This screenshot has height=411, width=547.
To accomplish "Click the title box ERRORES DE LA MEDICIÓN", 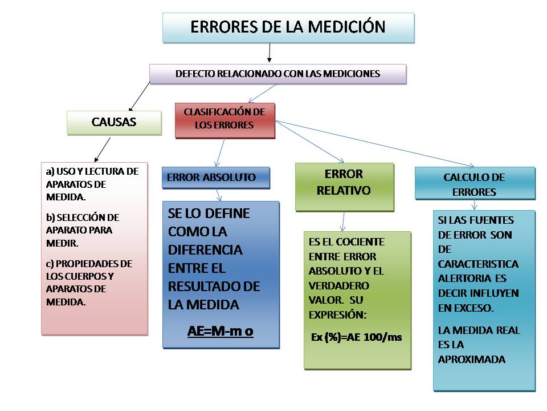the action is (x=288, y=27).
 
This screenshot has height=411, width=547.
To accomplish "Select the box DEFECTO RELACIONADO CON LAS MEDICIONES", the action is (x=277, y=74).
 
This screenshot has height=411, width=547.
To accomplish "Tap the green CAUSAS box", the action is (x=113, y=122).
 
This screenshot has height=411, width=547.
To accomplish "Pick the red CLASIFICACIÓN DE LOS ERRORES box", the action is (x=224, y=120).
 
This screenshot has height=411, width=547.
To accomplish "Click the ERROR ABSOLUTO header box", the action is (x=215, y=178).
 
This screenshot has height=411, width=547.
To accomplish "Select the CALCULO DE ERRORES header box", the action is (x=475, y=183).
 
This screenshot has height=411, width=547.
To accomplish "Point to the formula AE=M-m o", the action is (x=220, y=332).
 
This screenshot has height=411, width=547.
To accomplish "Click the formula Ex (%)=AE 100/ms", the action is (x=356, y=337).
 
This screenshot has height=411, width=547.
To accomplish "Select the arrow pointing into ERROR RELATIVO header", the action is (x=311, y=142).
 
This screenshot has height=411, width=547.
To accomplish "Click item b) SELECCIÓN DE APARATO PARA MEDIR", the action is (x=83, y=230).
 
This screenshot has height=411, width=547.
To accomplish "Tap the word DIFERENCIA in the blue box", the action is (x=205, y=249).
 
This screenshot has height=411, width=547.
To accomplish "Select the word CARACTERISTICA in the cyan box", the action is (x=478, y=264).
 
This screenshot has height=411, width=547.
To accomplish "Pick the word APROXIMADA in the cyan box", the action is (x=471, y=360).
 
